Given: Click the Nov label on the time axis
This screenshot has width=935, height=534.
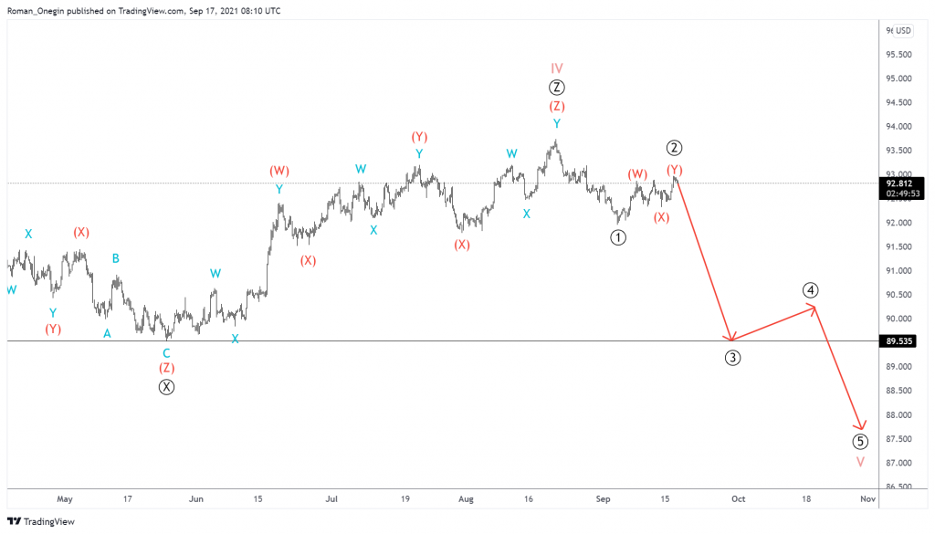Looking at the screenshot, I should [868, 499].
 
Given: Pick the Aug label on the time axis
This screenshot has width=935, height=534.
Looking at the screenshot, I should [466, 499].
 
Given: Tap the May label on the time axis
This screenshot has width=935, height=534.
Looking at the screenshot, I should [64, 499].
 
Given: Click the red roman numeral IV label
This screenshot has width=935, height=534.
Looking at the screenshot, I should [557, 68].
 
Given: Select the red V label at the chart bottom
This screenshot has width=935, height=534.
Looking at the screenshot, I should [860, 462].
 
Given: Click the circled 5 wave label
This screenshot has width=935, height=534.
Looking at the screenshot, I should [860, 442].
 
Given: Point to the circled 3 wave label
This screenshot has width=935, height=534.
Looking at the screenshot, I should [732, 358].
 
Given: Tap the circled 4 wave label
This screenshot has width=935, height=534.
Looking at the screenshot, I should [811, 290].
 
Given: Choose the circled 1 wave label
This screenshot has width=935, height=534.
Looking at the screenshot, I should [618, 237].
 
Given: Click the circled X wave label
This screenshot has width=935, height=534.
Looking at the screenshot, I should [166, 387].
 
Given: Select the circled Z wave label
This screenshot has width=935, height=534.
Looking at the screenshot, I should [557, 88].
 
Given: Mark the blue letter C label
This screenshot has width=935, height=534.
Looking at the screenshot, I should [166, 353].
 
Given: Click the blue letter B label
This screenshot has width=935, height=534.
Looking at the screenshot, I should [116, 258].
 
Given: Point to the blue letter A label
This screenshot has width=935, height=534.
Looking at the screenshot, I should [107, 334].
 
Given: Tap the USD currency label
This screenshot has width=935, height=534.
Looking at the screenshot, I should [903, 30].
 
